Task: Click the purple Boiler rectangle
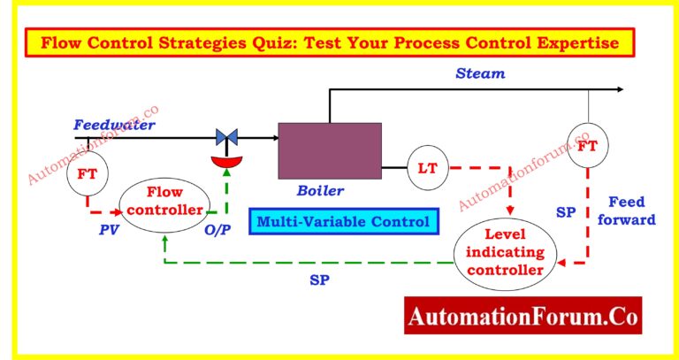tap(330, 152)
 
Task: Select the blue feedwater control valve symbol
tap(226, 137)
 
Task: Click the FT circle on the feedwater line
tap(87, 173)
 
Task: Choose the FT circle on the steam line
tap(587, 147)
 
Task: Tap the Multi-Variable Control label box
tap(345, 221)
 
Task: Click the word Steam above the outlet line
tap(480, 73)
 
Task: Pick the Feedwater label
tap(114, 125)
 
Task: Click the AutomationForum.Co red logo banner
tap(523, 315)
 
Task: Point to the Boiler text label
tap(320, 189)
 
